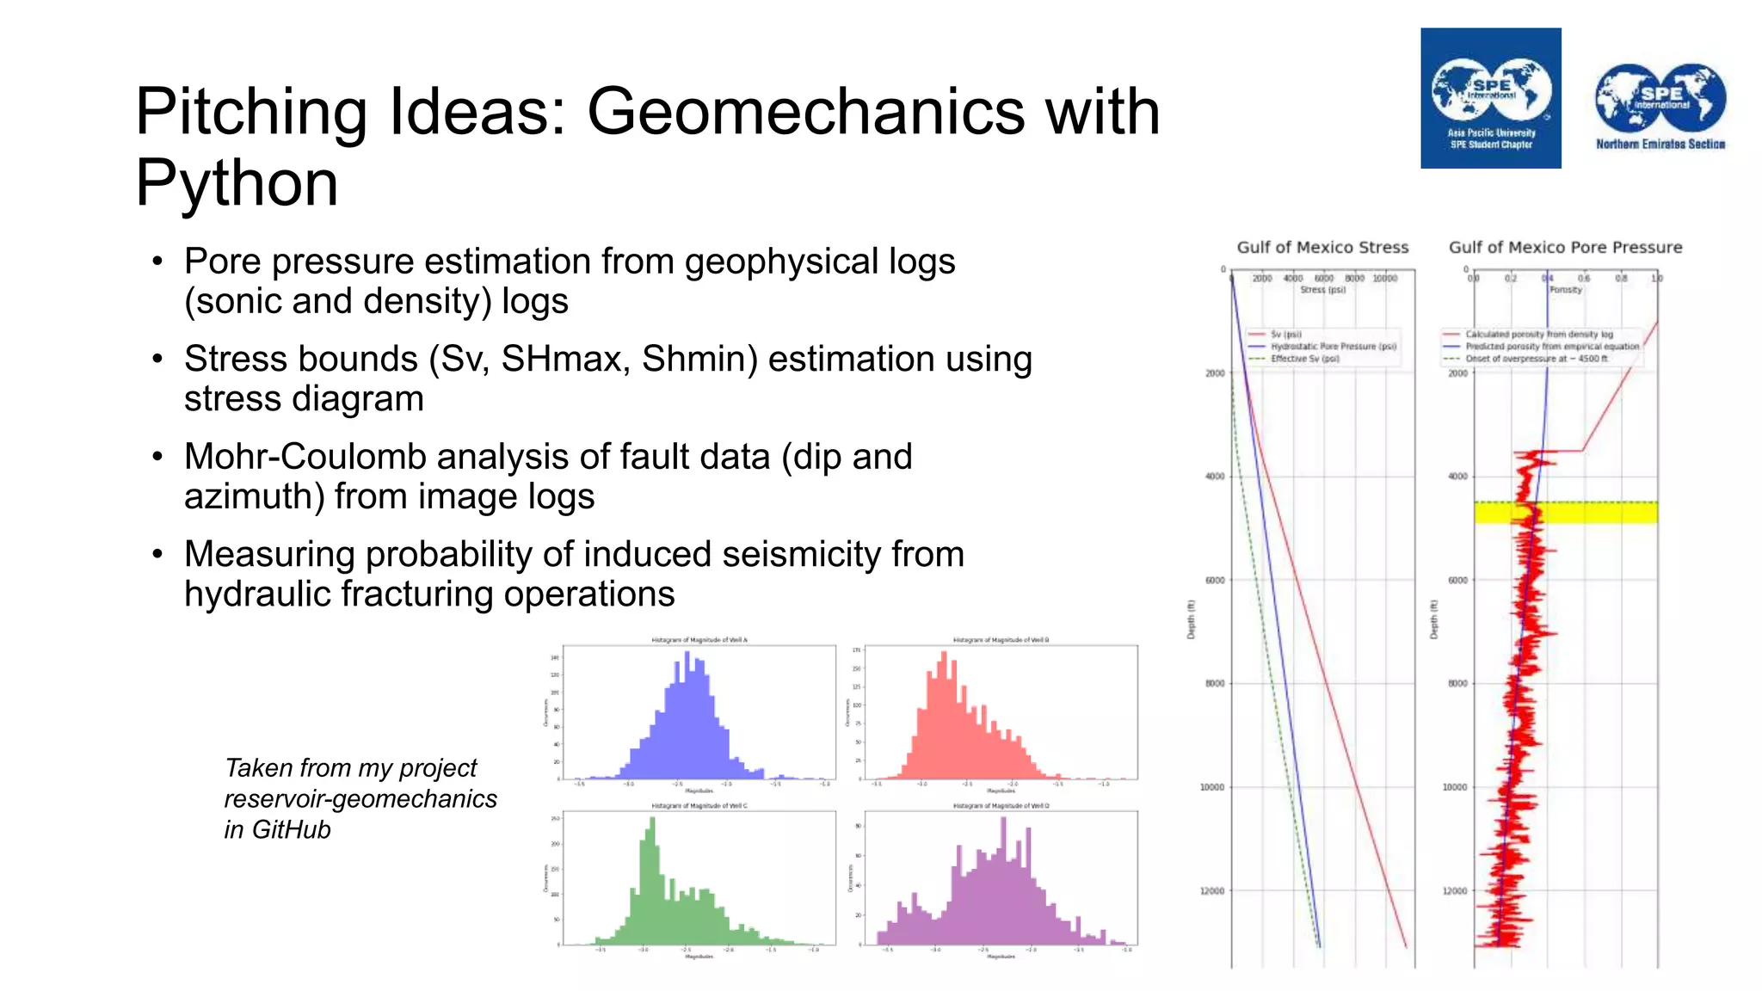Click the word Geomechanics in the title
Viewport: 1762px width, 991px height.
pos(806,112)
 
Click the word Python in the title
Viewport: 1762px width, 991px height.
pos(237,183)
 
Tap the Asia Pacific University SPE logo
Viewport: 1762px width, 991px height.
pos(1490,98)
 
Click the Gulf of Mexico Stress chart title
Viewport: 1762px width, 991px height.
pos(1322,248)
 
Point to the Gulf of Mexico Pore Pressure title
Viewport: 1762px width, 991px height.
pos(1565,248)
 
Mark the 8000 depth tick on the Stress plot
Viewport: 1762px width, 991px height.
pos(1214,684)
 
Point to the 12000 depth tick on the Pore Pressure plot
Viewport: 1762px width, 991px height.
pos(1455,891)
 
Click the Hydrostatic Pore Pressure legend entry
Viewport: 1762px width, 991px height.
pos(1333,347)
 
